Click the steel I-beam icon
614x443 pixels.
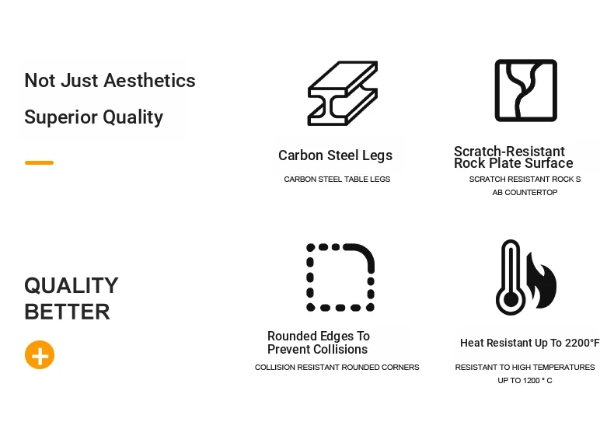point(343,93)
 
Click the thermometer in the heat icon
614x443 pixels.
point(511,277)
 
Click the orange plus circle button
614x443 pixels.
point(40,355)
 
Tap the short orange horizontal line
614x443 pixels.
point(39,162)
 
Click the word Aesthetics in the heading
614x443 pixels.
point(150,81)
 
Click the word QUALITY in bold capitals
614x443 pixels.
point(72,285)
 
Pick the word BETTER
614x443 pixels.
point(68,312)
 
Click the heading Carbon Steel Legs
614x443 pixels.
point(335,155)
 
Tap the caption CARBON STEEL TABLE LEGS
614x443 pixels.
point(337,180)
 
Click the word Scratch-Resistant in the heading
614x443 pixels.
point(509,152)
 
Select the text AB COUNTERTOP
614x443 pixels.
point(525,192)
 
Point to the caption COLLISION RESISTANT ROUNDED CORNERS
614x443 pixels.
point(337,368)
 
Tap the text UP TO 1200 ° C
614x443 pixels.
point(525,380)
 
